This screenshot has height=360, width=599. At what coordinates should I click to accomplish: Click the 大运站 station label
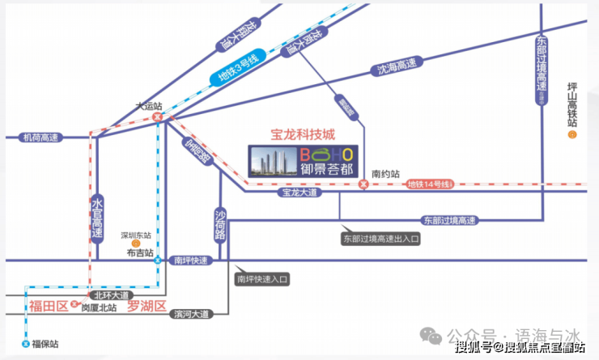(x=147, y=105)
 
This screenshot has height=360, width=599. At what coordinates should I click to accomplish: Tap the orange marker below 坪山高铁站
(x=571, y=134)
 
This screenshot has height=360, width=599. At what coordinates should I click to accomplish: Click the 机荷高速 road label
(x=39, y=138)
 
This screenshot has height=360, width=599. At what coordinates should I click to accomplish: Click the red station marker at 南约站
(x=363, y=185)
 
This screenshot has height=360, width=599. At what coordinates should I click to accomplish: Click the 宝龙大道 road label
(x=299, y=193)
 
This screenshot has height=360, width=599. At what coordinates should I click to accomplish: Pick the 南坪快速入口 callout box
(x=261, y=279)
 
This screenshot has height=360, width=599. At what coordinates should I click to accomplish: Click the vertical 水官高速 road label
(x=96, y=217)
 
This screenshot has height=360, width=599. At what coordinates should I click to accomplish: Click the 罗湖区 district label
(x=147, y=306)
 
